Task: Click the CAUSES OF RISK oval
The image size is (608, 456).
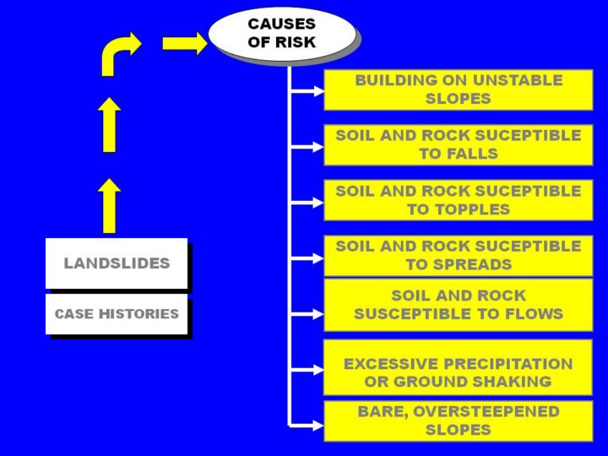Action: point(281,33)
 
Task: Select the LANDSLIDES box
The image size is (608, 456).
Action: point(117,263)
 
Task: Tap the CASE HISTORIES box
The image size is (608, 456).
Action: point(117,314)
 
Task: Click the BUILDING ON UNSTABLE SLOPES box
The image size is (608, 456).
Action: point(459,90)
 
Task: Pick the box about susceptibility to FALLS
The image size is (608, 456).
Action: point(459,144)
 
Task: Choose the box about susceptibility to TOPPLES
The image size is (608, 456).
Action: point(459,200)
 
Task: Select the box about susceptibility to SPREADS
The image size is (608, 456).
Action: point(459,255)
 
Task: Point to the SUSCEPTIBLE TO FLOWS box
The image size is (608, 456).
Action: point(459,305)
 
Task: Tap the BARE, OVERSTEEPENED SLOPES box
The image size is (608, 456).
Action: point(459,421)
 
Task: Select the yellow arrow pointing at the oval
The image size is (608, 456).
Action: point(184,43)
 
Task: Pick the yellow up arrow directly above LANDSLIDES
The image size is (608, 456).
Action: point(109,205)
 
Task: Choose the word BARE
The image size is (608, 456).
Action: point(378,411)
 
